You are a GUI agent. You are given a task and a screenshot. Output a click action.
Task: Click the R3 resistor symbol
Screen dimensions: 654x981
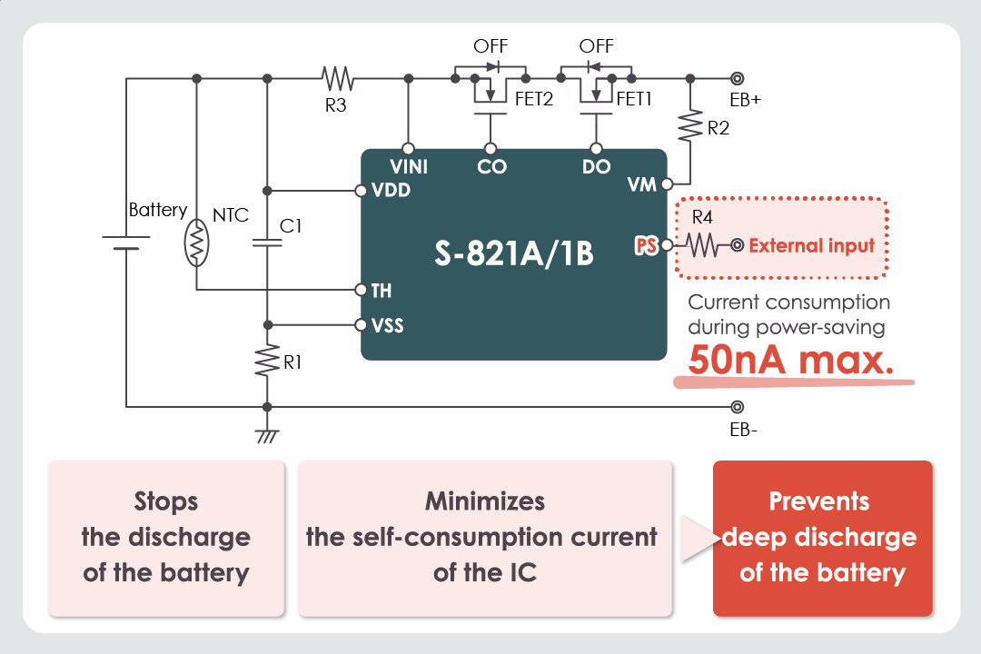pos(336,78)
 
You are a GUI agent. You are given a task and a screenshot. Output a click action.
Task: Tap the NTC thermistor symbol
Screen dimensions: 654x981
pos(197,244)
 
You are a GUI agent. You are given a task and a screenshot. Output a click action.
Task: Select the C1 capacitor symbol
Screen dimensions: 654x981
pos(267,243)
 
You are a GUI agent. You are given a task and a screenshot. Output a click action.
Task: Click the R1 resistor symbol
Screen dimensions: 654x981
pos(267,361)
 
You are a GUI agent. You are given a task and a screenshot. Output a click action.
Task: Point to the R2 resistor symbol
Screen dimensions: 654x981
pos(691,124)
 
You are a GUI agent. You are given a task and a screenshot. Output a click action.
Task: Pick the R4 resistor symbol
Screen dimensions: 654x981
pos(702,245)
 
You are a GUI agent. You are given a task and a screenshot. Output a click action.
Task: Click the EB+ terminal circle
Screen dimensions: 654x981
pos(737,79)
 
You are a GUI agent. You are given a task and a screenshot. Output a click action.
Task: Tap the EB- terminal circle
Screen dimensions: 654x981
pos(737,406)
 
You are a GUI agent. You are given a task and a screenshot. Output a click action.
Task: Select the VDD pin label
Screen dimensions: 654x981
pos(391,191)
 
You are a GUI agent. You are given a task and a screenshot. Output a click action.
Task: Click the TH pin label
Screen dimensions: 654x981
pos(381,291)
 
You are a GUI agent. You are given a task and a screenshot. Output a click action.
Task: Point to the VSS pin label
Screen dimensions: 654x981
pos(390,325)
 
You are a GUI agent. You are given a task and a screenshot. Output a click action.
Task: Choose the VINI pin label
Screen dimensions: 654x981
pos(409,167)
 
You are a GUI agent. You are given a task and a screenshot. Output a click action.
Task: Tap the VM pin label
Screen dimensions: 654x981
pos(641,184)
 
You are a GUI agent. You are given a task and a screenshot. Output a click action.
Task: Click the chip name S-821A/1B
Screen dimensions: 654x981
pos(514,253)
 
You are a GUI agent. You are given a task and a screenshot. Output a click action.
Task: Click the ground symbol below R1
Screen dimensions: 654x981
pos(267,435)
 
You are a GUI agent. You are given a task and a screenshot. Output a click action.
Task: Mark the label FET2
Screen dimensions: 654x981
pos(534,100)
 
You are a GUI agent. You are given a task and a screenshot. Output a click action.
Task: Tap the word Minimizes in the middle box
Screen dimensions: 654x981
pos(485,501)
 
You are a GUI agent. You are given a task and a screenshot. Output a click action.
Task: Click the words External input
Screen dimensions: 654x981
pos(812,245)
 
